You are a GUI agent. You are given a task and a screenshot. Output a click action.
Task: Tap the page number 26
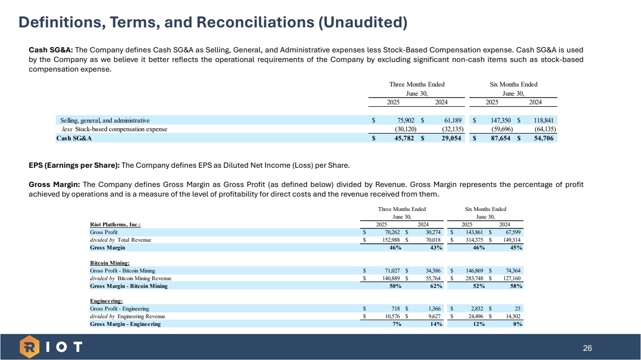pos(587,348)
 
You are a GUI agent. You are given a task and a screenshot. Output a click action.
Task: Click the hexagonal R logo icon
pos(29,347)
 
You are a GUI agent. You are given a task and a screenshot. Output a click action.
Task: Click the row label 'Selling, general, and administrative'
pos(105,120)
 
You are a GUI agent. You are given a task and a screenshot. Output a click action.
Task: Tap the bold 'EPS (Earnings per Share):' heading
pos(75,166)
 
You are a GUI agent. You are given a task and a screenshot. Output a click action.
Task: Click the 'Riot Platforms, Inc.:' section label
pos(115,224)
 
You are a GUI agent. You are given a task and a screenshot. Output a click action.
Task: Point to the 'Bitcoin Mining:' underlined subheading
pos(110,263)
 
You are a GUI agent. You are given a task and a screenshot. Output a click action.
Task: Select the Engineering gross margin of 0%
pos(517,324)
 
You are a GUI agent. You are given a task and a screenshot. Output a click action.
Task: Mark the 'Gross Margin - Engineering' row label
pos(125,324)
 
